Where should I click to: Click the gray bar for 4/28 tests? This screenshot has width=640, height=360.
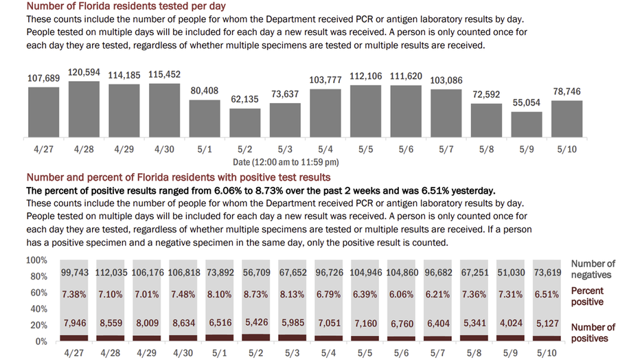coord(84,109)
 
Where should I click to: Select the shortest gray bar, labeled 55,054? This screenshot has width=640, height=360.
coord(527,124)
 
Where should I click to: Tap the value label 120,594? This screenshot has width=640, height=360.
coord(84,73)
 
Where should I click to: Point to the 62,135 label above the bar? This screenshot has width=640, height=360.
coord(244,99)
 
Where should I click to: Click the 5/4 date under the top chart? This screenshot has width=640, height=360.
coord(325,149)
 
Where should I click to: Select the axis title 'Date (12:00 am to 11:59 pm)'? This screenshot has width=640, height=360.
coord(286,162)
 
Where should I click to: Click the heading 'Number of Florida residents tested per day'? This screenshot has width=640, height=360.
coord(126,6)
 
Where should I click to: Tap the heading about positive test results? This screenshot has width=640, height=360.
coord(179,177)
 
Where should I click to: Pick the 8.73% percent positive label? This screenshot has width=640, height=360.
coord(256,294)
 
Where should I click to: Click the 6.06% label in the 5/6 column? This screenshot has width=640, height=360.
coord(401,294)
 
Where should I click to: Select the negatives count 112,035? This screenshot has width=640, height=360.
coord(111,272)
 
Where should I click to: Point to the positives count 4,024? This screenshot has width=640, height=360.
coord(511,324)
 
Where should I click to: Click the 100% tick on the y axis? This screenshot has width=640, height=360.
coord(36,260)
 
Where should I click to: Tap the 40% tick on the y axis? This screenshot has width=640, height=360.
coord(38,309)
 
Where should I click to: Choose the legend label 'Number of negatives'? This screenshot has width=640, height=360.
coord(593,269)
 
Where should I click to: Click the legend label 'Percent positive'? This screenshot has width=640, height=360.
coord(587,296)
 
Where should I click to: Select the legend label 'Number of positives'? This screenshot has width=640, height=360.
coord(593,333)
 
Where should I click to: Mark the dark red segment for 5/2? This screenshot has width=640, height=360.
coord(256,337)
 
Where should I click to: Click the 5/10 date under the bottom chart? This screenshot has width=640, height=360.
coord(547,353)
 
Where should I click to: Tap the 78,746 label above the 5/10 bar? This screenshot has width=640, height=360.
coord(567,91)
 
